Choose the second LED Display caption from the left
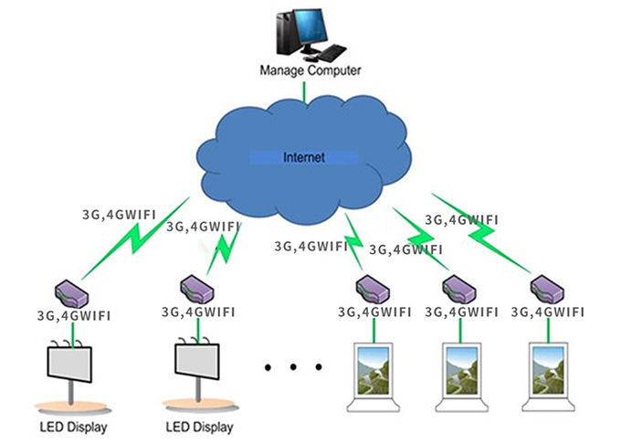[200, 427]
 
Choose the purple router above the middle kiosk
[459, 288]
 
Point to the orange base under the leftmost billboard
[70, 405]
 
